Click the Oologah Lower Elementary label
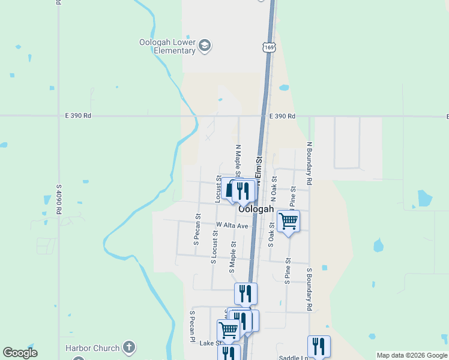click(167, 46)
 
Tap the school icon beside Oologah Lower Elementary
click(205, 46)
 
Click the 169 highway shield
click(268, 46)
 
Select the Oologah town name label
click(256, 209)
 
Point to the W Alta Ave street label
click(232, 226)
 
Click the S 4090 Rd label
click(59, 199)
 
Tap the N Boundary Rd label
click(310, 162)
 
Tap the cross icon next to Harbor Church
click(128, 347)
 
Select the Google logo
click(20, 353)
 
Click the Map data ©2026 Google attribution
click(412, 355)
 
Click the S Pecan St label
click(196, 229)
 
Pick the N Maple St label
click(238, 161)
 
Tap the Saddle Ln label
click(293, 358)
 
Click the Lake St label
click(211, 343)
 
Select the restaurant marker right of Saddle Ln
click(319, 346)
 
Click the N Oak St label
click(274, 188)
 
